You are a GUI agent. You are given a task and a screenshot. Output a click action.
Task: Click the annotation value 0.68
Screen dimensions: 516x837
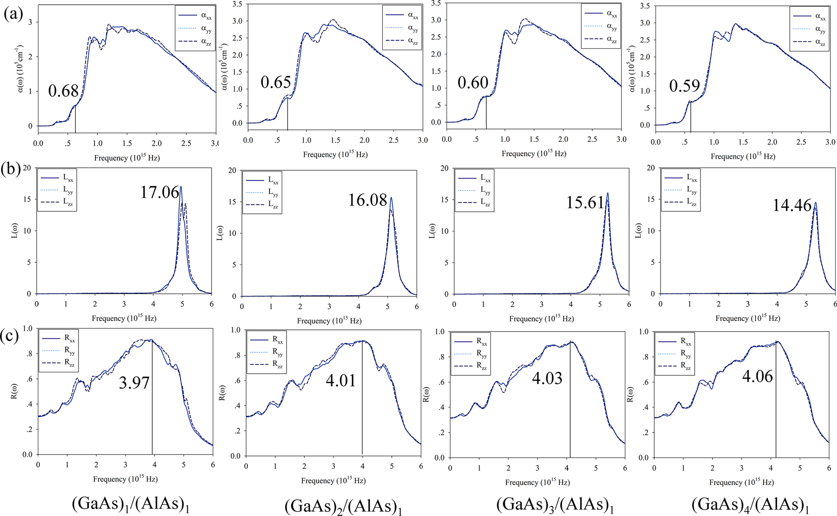click(x=63, y=91)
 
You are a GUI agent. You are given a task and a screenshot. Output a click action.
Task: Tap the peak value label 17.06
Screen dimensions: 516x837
click(x=159, y=193)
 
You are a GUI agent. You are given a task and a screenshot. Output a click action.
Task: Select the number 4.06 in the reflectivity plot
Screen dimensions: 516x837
click(x=757, y=376)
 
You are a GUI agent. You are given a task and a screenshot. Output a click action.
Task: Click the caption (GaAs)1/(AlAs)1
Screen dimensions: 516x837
click(x=131, y=504)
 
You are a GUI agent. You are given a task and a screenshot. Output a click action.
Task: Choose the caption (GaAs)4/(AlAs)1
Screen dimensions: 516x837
click(x=750, y=505)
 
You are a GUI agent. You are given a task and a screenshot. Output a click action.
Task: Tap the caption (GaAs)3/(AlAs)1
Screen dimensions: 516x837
click(x=555, y=504)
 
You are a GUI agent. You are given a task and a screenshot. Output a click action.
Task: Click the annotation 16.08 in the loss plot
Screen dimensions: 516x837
click(x=367, y=201)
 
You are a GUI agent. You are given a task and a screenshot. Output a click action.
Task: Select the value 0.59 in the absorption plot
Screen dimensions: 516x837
click(x=684, y=86)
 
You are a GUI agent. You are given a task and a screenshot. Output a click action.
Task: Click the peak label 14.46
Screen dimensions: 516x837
click(x=792, y=206)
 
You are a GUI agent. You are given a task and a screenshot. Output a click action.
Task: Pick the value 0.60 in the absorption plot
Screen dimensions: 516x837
click(x=473, y=83)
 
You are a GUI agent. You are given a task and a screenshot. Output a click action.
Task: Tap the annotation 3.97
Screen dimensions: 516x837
click(x=134, y=383)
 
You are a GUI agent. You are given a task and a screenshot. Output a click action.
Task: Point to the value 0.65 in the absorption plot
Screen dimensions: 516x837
click(x=276, y=82)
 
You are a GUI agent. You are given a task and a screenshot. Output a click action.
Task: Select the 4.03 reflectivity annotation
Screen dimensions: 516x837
click(x=547, y=379)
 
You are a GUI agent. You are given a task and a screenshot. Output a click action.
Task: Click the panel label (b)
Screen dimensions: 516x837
click(x=10, y=169)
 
